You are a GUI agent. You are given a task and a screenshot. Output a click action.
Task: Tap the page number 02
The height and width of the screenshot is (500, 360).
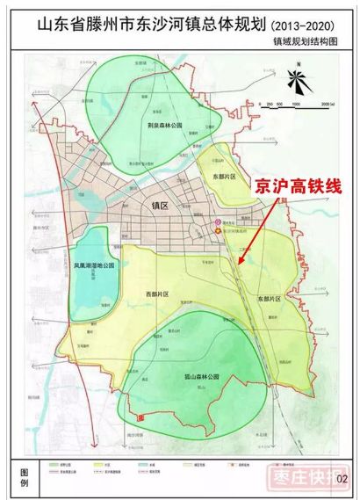[x=342, y=478]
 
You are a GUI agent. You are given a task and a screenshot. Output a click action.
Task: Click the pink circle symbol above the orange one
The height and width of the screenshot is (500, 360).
[x=219, y=223]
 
